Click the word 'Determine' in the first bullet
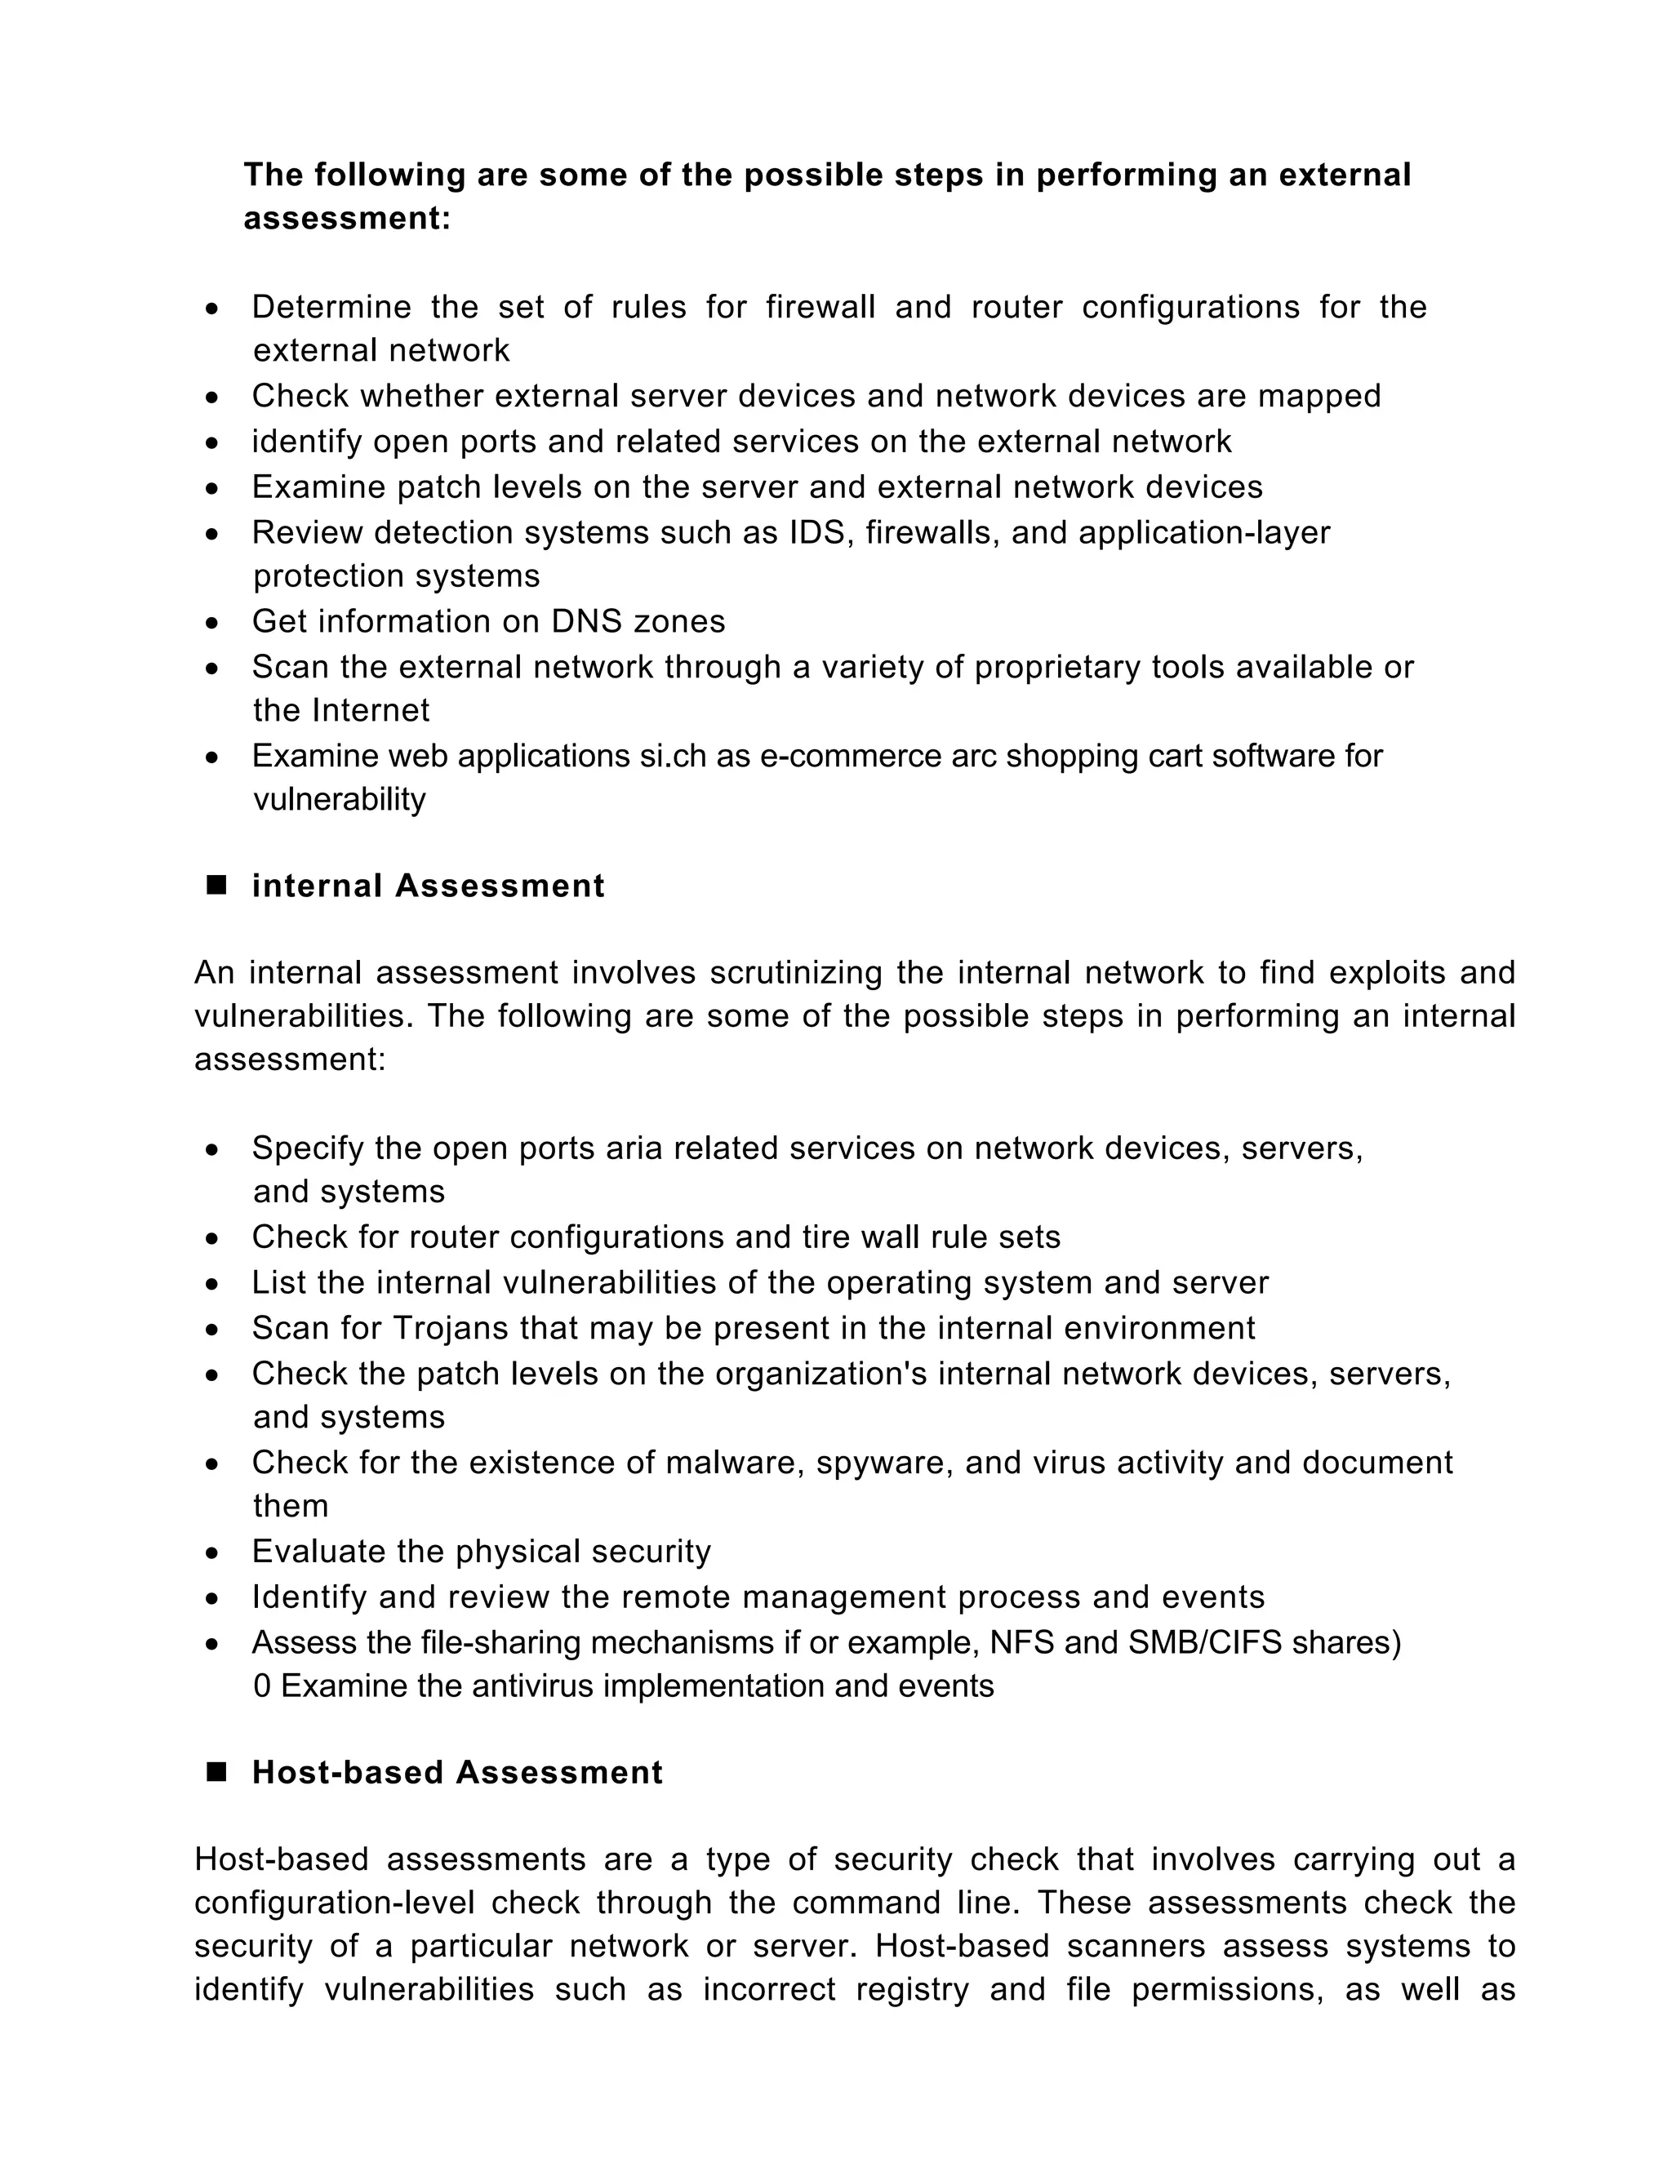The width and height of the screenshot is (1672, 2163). tap(331, 307)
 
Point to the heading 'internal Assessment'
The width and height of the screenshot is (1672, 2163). tap(428, 886)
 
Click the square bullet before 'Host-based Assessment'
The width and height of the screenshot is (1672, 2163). tap(216, 1771)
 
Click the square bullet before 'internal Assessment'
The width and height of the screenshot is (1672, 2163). tap(216, 885)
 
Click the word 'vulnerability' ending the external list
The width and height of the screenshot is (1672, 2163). tap(339, 799)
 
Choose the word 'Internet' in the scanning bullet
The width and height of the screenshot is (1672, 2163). tap(371, 710)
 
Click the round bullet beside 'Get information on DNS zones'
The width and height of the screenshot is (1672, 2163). tap(212, 623)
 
